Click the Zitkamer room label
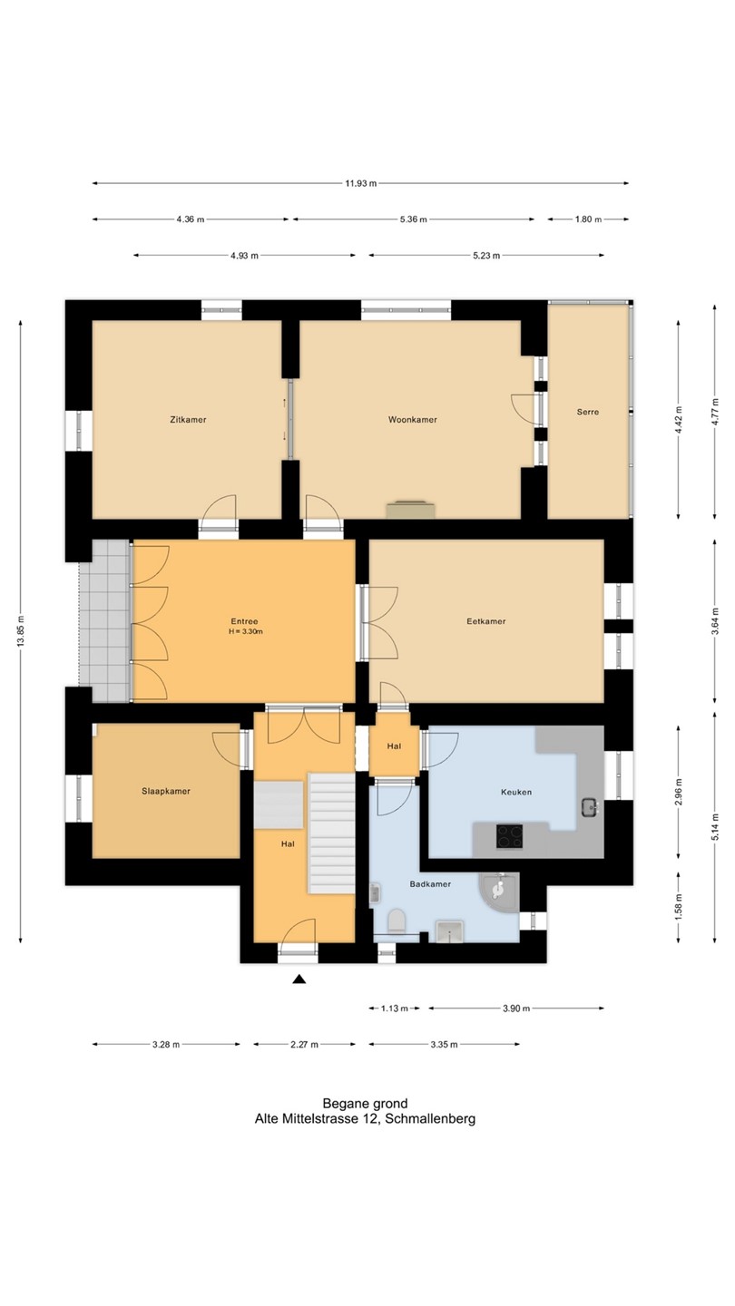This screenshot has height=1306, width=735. pyautogui.click(x=188, y=419)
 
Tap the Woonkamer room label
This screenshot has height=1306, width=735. pyautogui.click(x=412, y=419)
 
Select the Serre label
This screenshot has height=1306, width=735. pyautogui.click(x=587, y=412)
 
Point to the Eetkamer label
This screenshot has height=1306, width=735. pyautogui.click(x=486, y=621)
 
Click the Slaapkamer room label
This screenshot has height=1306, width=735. pyautogui.click(x=166, y=791)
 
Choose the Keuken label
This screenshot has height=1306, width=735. pyautogui.click(x=516, y=792)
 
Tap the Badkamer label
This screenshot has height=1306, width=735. pyautogui.click(x=430, y=884)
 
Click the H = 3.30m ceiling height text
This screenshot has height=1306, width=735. pyautogui.click(x=246, y=631)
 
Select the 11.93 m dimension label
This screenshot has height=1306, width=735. pyautogui.click(x=360, y=183)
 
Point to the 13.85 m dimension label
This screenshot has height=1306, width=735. pyautogui.click(x=21, y=632)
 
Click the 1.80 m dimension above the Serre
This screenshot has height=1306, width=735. pyautogui.click(x=588, y=219)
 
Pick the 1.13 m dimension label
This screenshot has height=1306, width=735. pyautogui.click(x=395, y=1009)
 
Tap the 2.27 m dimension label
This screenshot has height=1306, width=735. pyautogui.click(x=305, y=1044)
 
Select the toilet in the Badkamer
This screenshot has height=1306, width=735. pyautogui.click(x=396, y=921)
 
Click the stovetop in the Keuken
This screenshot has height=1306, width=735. pyautogui.click(x=509, y=835)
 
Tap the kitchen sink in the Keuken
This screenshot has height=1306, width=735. pyautogui.click(x=589, y=808)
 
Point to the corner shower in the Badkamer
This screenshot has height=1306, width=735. pyautogui.click(x=499, y=892)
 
